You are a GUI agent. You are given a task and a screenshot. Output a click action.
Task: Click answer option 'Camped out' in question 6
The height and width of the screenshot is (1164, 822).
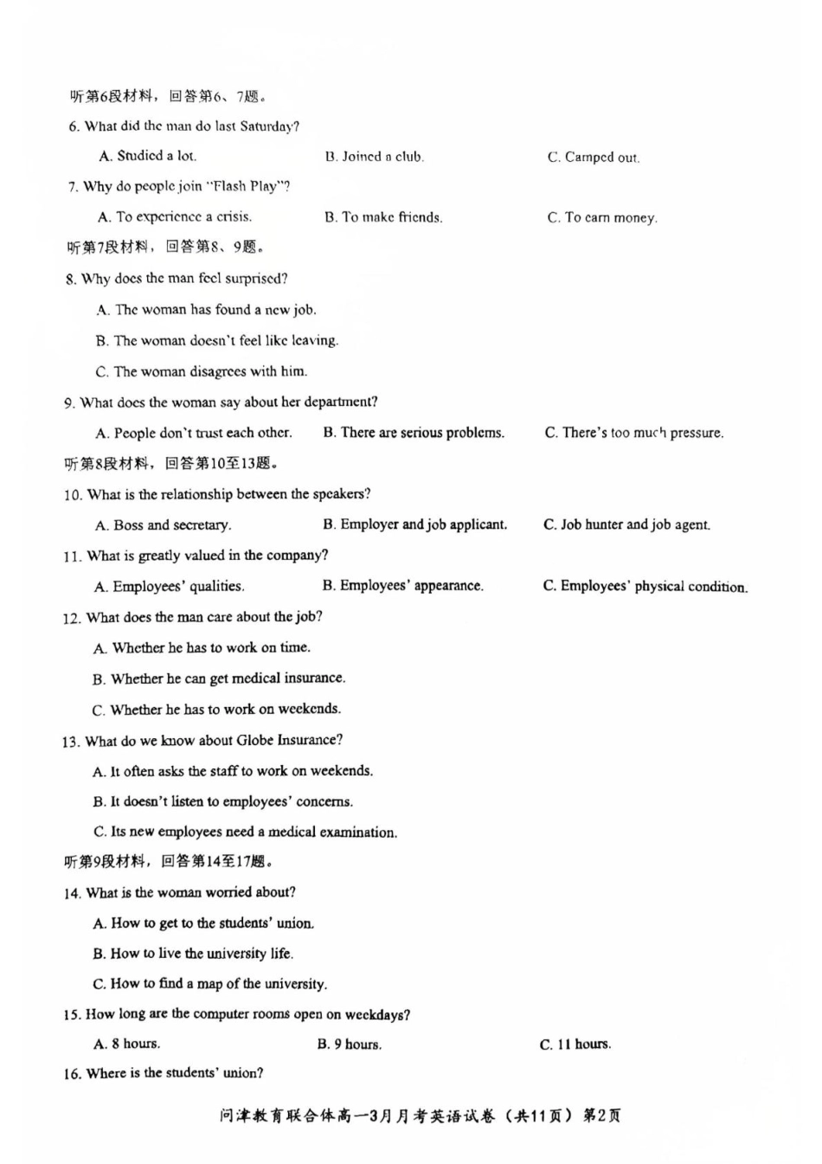601,158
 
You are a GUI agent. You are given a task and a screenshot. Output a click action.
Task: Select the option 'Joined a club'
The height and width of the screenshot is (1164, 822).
382,157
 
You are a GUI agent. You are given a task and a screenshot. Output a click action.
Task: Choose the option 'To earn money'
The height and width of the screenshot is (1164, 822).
610,218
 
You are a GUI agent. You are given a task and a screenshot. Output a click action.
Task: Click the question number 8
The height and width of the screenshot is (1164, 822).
70,280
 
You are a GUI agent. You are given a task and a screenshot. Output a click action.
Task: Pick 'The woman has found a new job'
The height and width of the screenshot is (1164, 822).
215,310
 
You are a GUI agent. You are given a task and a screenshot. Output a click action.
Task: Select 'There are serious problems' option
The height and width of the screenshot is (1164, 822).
422,433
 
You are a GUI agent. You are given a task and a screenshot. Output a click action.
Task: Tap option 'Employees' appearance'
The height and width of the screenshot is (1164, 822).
411,586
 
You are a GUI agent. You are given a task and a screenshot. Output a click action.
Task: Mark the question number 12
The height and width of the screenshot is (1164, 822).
71,618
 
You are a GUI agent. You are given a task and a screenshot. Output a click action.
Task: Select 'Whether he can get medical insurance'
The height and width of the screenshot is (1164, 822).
228,678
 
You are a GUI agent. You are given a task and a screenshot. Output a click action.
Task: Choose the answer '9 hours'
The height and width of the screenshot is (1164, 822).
357,1045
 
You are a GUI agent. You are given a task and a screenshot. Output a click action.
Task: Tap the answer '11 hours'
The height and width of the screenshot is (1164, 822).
583,1045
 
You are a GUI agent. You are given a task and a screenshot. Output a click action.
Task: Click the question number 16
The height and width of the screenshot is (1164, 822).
71,1074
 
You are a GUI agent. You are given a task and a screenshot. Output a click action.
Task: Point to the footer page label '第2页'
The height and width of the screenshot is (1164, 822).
602,1116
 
